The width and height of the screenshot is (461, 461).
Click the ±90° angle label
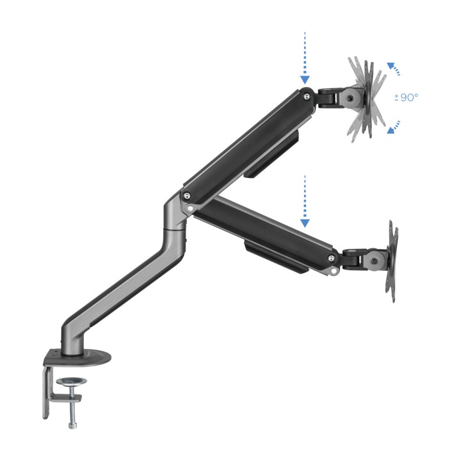pyautogui.click(x=406, y=97)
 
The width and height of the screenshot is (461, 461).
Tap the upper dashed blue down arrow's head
pyautogui.click(x=305, y=79)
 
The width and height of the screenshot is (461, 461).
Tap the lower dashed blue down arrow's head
pyautogui.click(x=305, y=223)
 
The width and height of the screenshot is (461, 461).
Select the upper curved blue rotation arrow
pyautogui.click(x=393, y=69)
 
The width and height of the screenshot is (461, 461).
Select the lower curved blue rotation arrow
pyautogui.click(x=393, y=127)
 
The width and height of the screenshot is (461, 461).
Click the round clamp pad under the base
pyautogui.click(x=72, y=382)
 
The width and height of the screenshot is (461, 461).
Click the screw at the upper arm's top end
pyautogui.click(x=307, y=95)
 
